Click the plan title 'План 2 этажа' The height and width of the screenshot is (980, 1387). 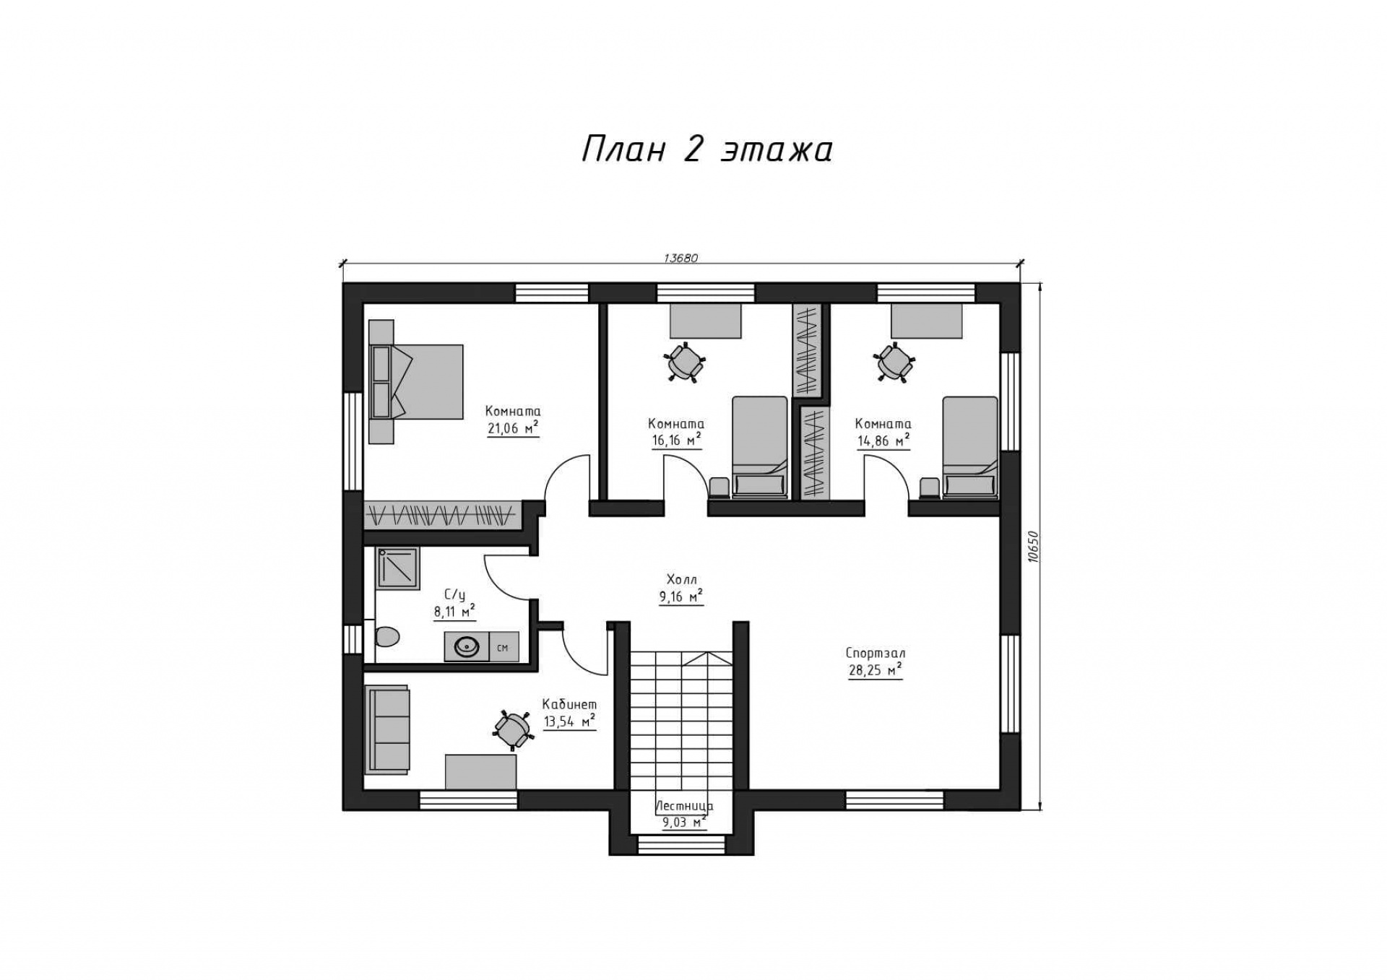tap(707, 149)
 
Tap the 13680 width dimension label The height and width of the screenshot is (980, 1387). tap(680, 259)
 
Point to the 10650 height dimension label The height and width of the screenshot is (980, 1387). tap(1032, 547)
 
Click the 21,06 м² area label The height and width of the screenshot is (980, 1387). tap(513, 428)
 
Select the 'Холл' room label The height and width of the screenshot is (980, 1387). tap(681, 579)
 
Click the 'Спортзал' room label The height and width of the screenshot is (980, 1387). tap(876, 653)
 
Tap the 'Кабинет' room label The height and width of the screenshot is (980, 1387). tap(569, 704)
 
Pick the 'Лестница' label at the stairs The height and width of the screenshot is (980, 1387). tap(684, 806)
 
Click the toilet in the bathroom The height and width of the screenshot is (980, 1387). tap(386, 636)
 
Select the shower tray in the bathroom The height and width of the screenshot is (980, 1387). tap(397, 568)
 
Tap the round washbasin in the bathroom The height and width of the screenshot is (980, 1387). tap(466, 647)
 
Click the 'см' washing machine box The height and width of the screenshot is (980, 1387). tap(504, 647)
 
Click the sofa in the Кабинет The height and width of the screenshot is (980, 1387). tap(388, 729)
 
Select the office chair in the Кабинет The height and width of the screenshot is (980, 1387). tap(513, 729)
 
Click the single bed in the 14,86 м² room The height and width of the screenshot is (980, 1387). tap(970, 447)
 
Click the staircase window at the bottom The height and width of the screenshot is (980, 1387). tap(681, 844)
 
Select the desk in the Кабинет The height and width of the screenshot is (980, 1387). tap(480, 772)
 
